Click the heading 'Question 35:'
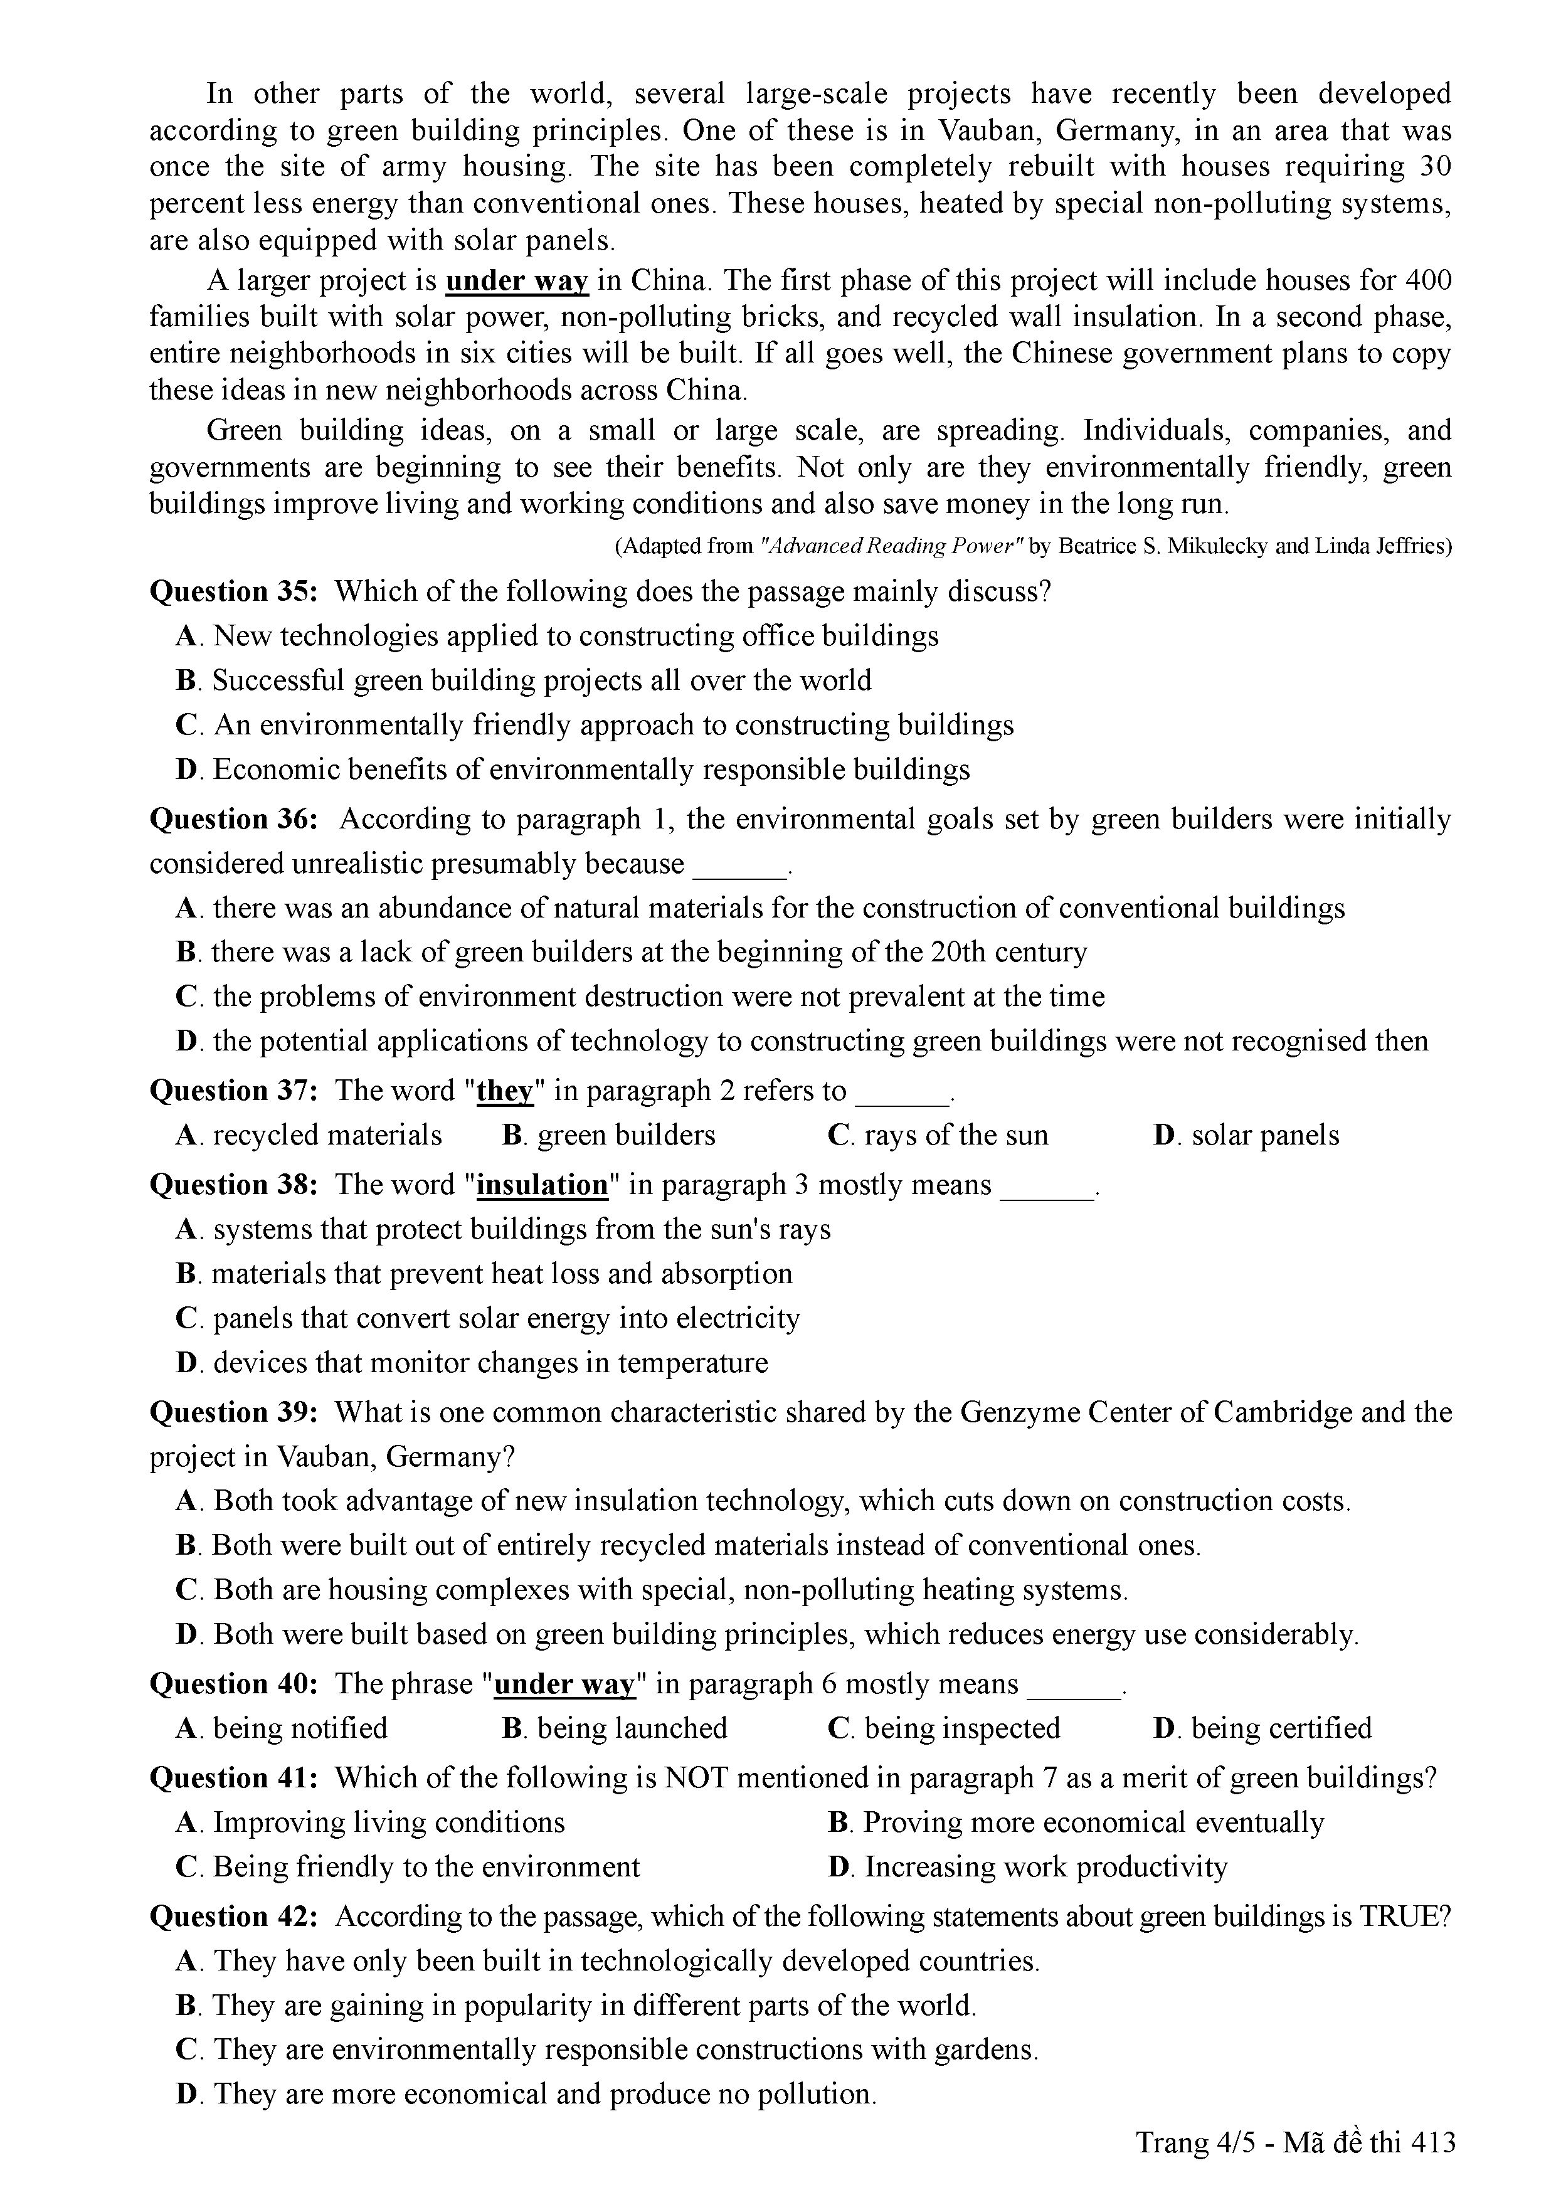click(x=233, y=591)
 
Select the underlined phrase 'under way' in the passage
click(x=516, y=281)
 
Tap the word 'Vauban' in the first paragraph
click(x=990, y=130)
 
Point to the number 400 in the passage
click(x=1427, y=281)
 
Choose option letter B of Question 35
click(x=186, y=680)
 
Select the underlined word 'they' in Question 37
click(x=504, y=1091)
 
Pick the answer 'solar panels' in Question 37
click(x=1265, y=1136)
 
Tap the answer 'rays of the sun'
click(x=956, y=1136)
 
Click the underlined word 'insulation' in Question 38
click(x=542, y=1185)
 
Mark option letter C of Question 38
click(x=186, y=1318)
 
